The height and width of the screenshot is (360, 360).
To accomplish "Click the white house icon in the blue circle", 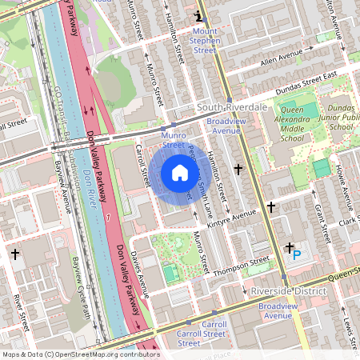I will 180,173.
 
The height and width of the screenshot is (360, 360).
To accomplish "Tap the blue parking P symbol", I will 297,254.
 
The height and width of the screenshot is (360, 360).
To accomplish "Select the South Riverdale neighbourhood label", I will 232,106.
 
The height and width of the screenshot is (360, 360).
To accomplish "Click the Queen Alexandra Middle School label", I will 282,124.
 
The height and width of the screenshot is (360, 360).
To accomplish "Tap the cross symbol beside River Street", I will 16,254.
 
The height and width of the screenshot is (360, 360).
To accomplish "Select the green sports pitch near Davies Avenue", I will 170,274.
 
